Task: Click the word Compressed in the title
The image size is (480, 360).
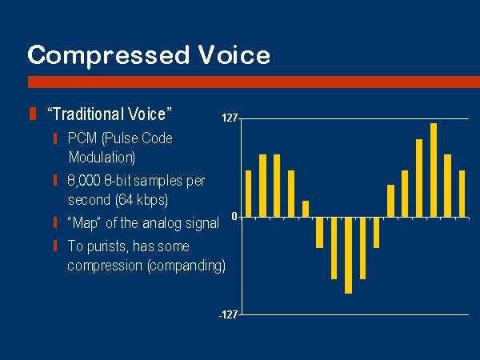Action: (x=108, y=56)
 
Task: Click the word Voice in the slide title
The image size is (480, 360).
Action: (x=234, y=54)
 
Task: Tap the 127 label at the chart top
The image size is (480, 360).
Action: (x=230, y=118)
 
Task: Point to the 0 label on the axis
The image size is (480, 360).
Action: (x=234, y=217)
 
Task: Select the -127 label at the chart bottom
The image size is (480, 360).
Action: (x=228, y=314)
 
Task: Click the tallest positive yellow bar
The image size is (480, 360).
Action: (x=434, y=170)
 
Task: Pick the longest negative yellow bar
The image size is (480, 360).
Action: (x=348, y=255)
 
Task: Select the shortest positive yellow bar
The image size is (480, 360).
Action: (x=306, y=209)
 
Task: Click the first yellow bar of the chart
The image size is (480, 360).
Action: (x=248, y=194)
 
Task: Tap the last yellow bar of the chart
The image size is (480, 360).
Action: (x=462, y=194)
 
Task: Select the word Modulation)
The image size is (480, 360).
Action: (x=102, y=158)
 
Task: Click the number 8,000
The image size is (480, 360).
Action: (x=84, y=181)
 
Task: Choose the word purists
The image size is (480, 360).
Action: (x=107, y=246)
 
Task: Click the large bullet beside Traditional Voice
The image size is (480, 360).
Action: (x=33, y=114)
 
